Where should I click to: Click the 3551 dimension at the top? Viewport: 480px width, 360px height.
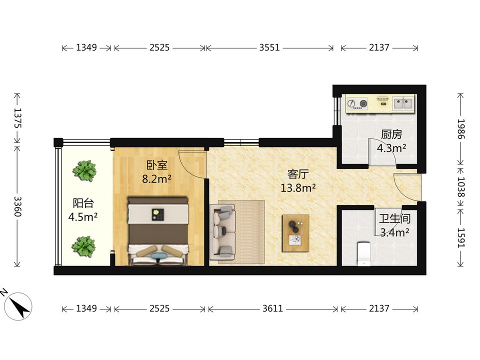pyautogui.click(x=269, y=47)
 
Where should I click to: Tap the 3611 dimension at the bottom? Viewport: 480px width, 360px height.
pyautogui.click(x=272, y=308)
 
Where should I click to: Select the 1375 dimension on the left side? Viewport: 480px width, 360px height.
pyautogui.click(x=18, y=118)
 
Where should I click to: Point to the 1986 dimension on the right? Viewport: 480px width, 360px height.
pyautogui.click(x=461, y=129)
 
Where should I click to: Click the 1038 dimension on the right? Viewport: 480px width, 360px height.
pyautogui.click(x=461, y=187)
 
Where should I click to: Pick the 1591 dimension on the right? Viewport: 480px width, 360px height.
pyautogui.click(x=461, y=238)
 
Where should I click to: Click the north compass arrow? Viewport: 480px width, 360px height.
pyautogui.click(x=18, y=306)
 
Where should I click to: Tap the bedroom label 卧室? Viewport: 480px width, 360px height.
pyautogui.click(x=156, y=165)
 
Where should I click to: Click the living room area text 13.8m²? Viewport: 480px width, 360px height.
pyautogui.click(x=298, y=187)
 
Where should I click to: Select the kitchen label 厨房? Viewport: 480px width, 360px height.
pyautogui.click(x=391, y=134)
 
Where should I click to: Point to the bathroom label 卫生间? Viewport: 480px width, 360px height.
pyautogui.click(x=394, y=218)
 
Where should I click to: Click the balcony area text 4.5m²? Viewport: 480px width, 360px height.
pyautogui.click(x=83, y=216)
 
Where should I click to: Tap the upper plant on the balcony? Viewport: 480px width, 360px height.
pyautogui.click(x=84, y=171)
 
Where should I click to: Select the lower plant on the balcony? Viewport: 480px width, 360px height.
pyautogui.click(x=83, y=246)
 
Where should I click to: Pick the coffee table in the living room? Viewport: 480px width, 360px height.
pyautogui.click(x=295, y=233)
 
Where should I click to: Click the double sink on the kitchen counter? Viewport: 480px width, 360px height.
pyautogui.click(x=403, y=103)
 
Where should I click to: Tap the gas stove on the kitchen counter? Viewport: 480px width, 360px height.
pyautogui.click(x=357, y=103)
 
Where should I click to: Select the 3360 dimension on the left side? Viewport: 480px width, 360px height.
pyautogui.click(x=18, y=206)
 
